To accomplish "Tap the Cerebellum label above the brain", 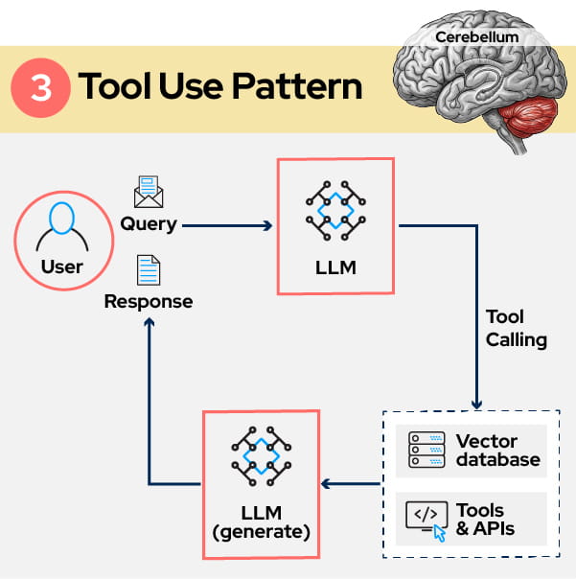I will pos(476,37).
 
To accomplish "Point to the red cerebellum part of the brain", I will pos(525,116).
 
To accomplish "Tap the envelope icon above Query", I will pos(149,192).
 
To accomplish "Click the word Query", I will pos(149,224).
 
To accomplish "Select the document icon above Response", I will pos(148,270).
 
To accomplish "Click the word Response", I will pos(149,302).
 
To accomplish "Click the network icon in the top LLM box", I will pos(334,212).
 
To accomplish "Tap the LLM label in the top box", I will pos(334,267).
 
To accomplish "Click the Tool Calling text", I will pos(516,328).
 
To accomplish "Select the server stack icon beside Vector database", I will pos(426,450).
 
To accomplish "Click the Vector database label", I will pos(497,451).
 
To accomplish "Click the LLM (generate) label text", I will pos(260,521).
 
